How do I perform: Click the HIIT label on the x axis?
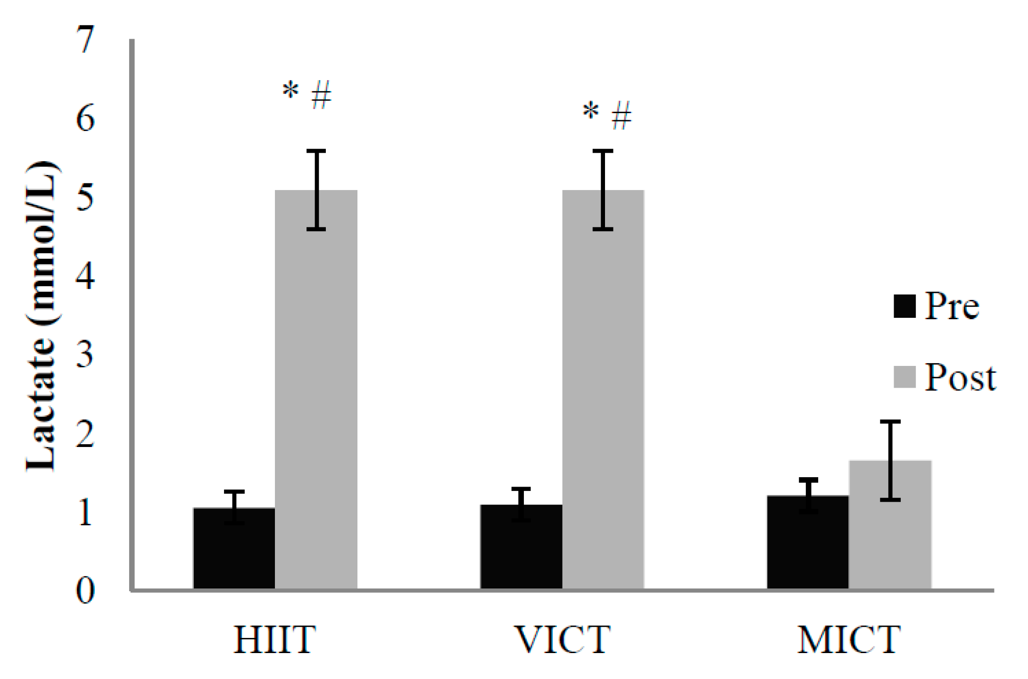[274, 640]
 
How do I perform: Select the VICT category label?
[562, 640]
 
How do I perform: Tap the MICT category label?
[849, 640]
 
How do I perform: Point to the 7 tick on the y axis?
[85, 40]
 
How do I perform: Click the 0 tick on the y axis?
[85, 590]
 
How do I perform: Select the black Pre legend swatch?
[904, 306]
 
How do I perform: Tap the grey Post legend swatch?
[904, 377]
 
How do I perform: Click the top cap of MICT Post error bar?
[890, 422]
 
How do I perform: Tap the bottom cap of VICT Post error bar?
[603, 229]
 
